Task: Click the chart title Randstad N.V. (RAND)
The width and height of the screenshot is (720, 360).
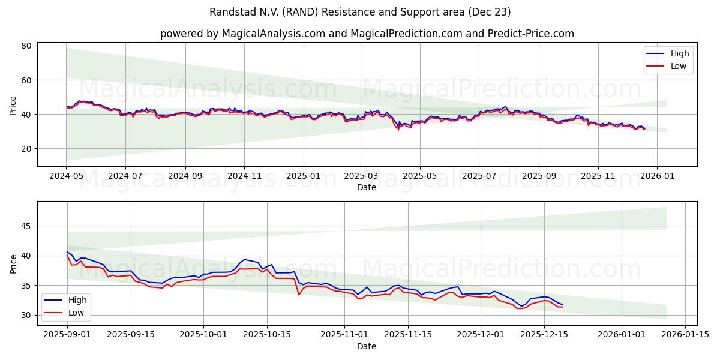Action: pyautogui.click(x=360, y=12)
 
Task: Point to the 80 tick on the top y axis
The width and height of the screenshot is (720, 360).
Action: pyautogui.click(x=26, y=46)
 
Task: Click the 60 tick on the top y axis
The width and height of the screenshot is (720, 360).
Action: pyautogui.click(x=26, y=80)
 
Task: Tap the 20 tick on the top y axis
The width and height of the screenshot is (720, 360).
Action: pyautogui.click(x=26, y=149)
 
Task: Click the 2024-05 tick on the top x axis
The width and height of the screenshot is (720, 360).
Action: pyautogui.click(x=67, y=176)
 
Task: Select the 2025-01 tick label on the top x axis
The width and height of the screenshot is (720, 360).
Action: pyautogui.click(x=303, y=176)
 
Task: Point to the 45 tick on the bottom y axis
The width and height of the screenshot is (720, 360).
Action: pyautogui.click(x=26, y=226)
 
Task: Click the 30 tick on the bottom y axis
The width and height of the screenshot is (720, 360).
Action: pyautogui.click(x=26, y=315)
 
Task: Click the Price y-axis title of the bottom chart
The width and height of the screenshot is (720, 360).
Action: pyautogui.click(x=13, y=264)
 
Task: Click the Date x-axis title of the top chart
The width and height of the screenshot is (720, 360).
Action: pyautogui.click(x=367, y=187)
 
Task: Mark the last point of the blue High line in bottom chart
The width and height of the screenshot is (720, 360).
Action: pyautogui.click(x=562, y=305)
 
